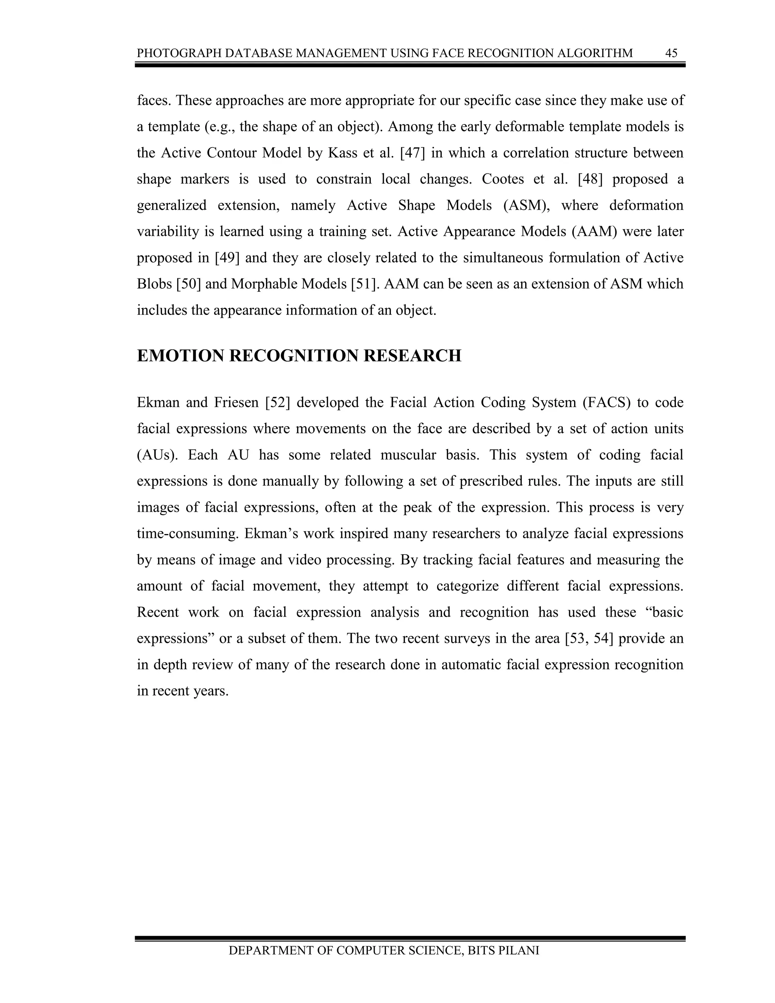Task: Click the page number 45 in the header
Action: pos(671,53)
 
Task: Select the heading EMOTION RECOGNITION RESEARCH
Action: pos(299,356)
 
